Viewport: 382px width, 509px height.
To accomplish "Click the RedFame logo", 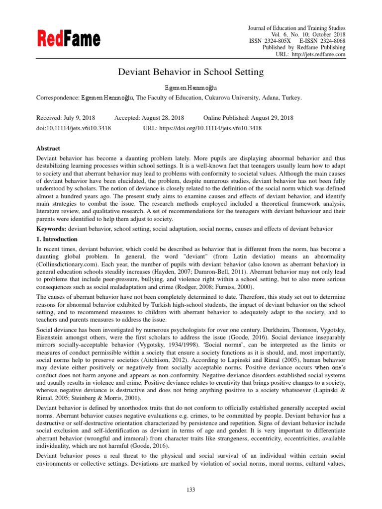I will point(68,39).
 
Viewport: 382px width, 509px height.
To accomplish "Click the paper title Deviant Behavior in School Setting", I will point(191,72).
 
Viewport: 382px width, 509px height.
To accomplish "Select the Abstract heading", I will point(48,148).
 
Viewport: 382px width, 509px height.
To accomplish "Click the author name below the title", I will point(191,87).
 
